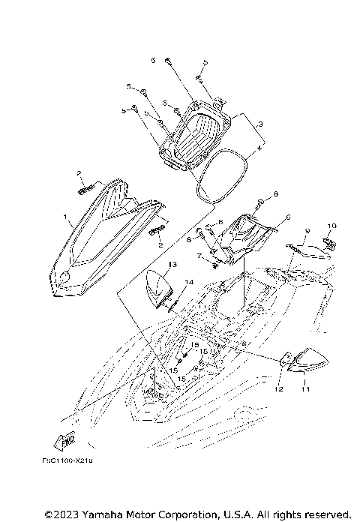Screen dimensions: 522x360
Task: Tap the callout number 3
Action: (259, 123)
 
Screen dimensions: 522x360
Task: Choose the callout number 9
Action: (307, 231)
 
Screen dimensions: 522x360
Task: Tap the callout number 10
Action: (332, 225)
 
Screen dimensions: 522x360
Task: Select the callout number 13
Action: (172, 265)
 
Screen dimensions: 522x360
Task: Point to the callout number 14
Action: (189, 282)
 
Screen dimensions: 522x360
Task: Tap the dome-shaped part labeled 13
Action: (160, 289)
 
